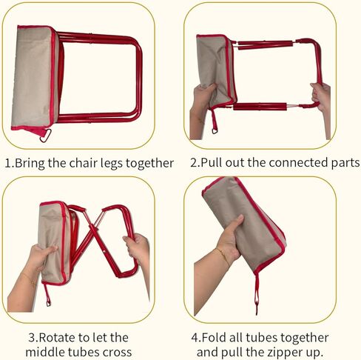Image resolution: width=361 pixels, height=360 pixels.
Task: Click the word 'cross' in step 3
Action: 118,353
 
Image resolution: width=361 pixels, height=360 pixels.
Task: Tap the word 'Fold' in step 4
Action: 215,338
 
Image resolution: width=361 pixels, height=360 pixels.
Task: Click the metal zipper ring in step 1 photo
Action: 46,136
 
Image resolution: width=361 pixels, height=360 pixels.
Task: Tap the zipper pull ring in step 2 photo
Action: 215,130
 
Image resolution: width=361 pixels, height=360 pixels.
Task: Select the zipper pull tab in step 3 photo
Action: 47,296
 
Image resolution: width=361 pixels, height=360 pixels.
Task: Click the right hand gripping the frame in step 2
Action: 321,97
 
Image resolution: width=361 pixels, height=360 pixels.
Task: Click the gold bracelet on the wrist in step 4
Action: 223,256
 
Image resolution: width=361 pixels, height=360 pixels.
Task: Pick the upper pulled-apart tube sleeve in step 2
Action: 266,44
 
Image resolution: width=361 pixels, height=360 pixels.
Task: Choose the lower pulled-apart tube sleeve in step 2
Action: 260,107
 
